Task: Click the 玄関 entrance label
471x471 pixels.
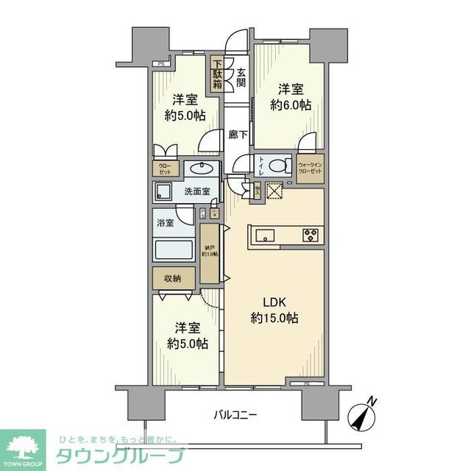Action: [241, 75]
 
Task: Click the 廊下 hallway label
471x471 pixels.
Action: [237, 135]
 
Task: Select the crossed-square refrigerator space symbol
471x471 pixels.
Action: [275, 190]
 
